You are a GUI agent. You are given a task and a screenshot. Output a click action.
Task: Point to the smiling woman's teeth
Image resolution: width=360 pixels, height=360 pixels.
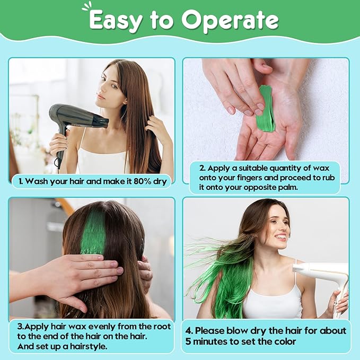coord(280,236)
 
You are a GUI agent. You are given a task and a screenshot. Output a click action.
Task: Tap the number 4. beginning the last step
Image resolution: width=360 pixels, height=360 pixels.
coord(189,331)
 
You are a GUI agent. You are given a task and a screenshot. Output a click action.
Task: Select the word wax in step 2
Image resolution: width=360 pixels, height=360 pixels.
coord(321,169)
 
